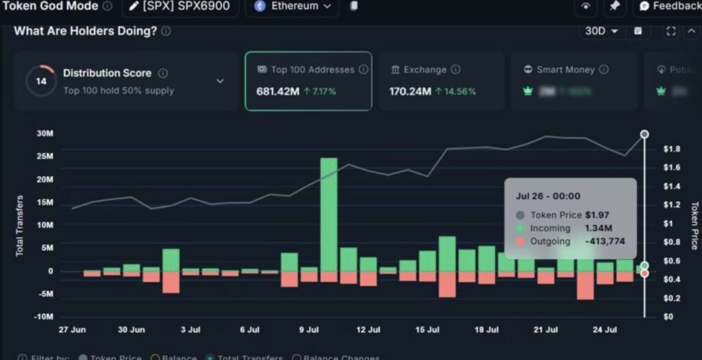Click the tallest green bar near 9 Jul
328,214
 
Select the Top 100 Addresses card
308,81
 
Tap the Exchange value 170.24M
409,91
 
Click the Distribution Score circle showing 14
41,81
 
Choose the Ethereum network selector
292,6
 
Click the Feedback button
669,6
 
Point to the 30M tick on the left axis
45,134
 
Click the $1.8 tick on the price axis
671,149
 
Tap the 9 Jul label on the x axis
309,330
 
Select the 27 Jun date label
73,330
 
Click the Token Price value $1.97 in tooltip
597,215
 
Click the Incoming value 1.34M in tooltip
598,228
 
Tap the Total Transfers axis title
19,226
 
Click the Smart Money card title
566,70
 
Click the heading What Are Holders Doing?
86,32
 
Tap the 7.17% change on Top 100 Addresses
320,91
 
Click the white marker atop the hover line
644,134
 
